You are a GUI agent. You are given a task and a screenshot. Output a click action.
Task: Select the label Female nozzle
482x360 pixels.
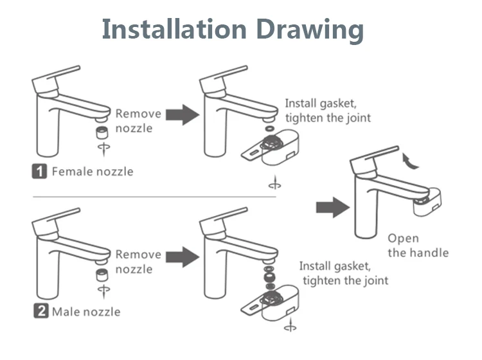pos(93,172)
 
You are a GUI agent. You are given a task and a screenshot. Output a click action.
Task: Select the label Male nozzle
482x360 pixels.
pos(86,312)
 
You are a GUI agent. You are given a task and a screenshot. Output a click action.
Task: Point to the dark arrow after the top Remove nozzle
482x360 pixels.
pos(183,116)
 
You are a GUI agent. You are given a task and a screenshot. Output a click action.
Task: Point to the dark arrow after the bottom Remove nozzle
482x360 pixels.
pos(183,256)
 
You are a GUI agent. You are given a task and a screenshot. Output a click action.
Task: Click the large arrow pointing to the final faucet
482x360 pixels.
pos(332,207)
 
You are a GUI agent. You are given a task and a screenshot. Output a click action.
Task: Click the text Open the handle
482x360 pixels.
pos(418,246)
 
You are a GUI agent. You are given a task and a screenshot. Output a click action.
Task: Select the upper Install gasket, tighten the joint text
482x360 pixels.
pos(328,111)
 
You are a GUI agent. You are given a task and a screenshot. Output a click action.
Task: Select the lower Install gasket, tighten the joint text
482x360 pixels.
pos(344,273)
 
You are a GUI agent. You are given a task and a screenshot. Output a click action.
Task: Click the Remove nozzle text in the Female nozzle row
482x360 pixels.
pos(138,121)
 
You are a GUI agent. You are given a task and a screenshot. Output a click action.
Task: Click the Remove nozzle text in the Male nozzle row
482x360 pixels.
pos(138,262)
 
